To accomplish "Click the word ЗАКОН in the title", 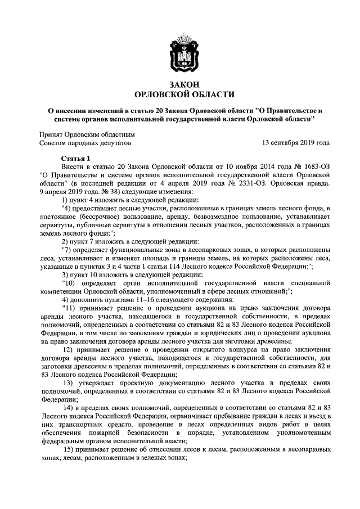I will point(184,84).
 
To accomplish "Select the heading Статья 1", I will point(75,159).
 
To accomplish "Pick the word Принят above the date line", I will point(52,135).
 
